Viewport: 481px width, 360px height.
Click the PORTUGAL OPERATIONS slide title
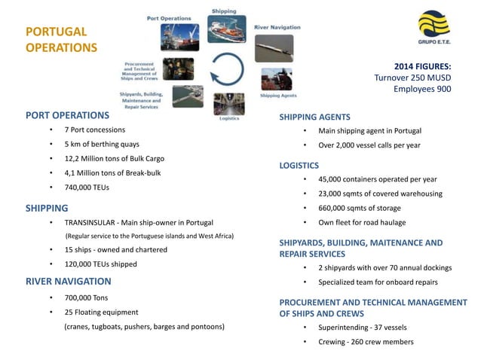pos(62,40)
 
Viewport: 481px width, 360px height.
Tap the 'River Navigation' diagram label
pos(277,27)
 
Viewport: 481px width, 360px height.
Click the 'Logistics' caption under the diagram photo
pos(228,119)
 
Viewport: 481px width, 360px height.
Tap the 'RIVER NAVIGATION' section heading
pos(68,281)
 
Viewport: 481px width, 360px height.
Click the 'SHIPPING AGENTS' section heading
pos(314,117)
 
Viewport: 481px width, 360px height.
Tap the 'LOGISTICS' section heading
pos(299,165)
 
